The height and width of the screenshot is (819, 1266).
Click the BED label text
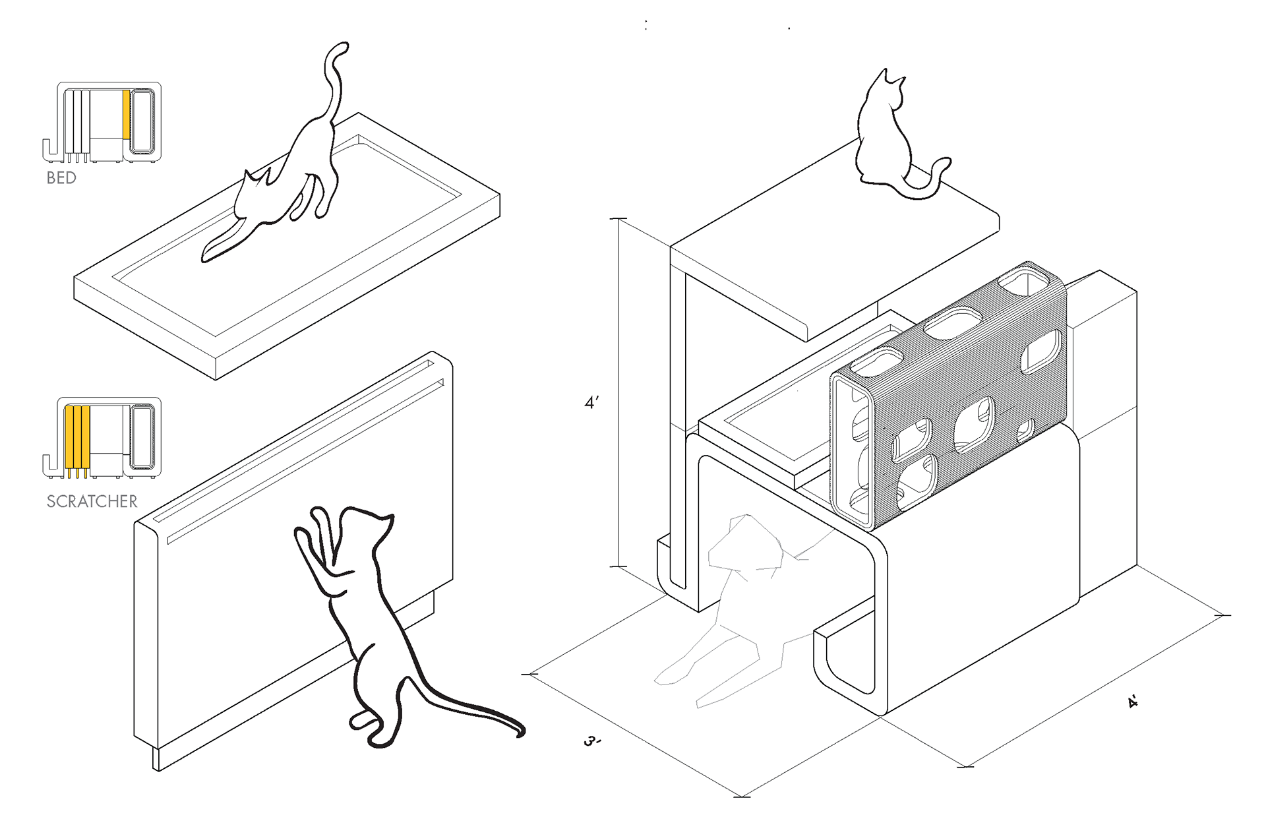[61, 178]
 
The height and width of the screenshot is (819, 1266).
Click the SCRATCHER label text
[92, 502]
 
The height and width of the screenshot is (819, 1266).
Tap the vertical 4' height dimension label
[591, 402]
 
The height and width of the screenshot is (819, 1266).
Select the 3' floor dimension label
[592, 742]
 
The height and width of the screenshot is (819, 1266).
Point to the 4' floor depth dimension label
[1132, 702]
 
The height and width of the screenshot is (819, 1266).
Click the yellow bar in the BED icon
[126, 115]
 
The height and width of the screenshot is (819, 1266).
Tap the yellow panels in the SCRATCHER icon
[77, 437]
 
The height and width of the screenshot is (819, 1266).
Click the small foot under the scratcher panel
[157, 758]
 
